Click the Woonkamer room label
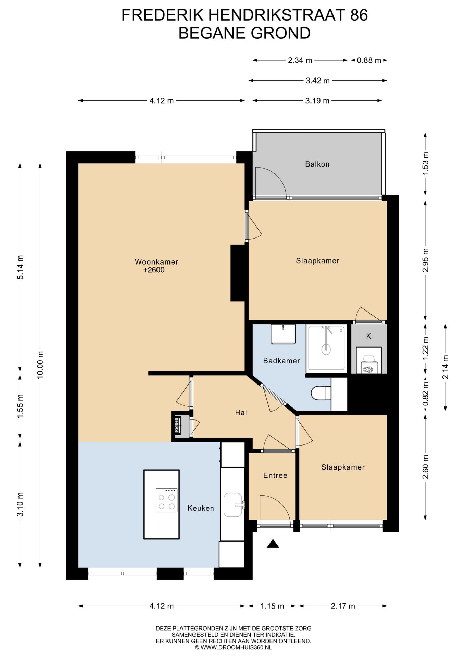pos(156,262)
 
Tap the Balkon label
pos(317,164)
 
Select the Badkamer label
pos(281,361)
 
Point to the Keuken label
pos(201,508)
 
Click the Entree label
pos(275,475)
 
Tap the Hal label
pos(241,413)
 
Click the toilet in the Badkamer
pos(321,393)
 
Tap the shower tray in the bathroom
pos(326,348)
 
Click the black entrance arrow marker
pos(273,544)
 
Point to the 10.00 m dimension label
pos(40,365)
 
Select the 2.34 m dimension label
pos(300,60)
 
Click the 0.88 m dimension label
pos(369,60)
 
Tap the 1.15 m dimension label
pos(272,606)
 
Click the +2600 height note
pos(154,270)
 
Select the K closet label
pos(369,336)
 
